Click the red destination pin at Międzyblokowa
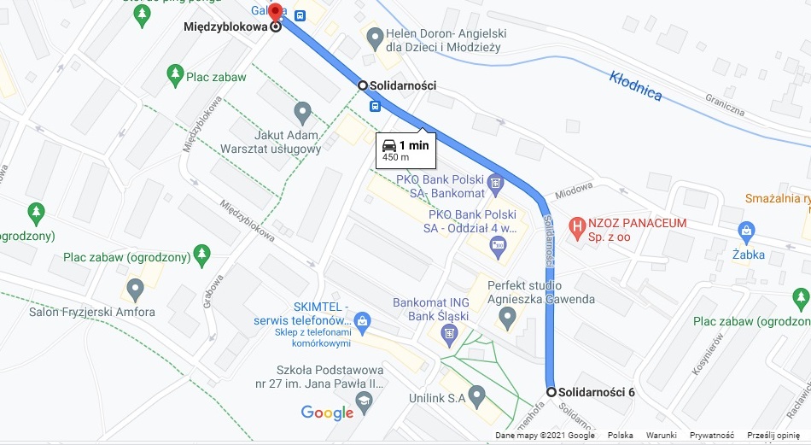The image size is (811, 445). tap(276, 14)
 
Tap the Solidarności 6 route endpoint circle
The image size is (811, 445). tap(551, 392)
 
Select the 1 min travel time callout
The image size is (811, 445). tap(406, 149)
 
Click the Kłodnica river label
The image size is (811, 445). tap(635, 86)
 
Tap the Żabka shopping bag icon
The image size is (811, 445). tap(747, 231)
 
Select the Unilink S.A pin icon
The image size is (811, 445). tap(477, 393)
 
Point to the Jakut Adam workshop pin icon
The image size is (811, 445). tap(302, 112)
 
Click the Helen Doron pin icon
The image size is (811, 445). tap(374, 37)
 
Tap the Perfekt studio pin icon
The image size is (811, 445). tap(507, 320)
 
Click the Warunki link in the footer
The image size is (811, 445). tap(661, 436)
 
